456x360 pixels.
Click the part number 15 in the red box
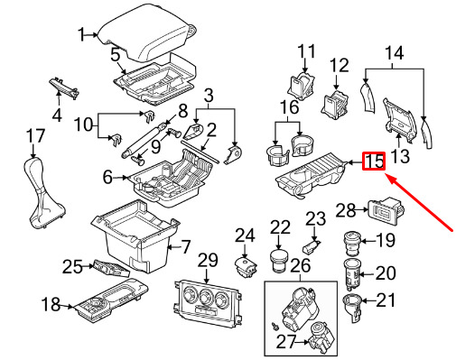(x=374, y=162)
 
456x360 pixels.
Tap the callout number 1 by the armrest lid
(x=81, y=34)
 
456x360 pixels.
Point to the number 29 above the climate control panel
(x=208, y=261)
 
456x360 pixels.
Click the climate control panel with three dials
(x=208, y=305)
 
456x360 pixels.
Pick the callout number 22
(x=280, y=227)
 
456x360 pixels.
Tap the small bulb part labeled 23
(x=311, y=246)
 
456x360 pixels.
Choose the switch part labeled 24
(x=246, y=266)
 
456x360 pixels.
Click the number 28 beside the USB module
(x=346, y=210)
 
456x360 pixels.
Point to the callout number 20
(x=386, y=273)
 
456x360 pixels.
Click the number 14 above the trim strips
(x=394, y=53)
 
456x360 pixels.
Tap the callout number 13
(x=400, y=156)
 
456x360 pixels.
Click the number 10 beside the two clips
(x=84, y=124)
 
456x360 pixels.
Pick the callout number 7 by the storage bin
(x=185, y=247)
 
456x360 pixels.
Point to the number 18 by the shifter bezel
(x=51, y=304)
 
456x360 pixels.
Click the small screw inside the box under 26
(x=275, y=326)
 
